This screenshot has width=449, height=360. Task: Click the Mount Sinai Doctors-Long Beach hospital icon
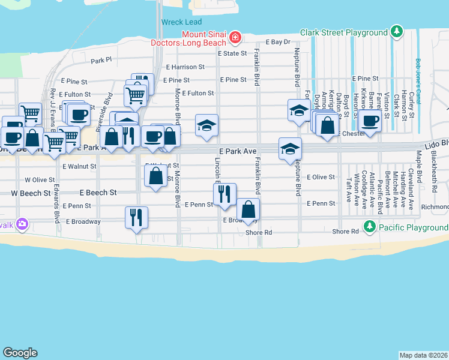(x=235, y=38)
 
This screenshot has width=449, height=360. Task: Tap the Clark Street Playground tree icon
(x=396, y=32)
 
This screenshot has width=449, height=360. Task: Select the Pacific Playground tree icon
(x=370, y=227)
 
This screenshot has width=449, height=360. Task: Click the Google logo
(x=20, y=353)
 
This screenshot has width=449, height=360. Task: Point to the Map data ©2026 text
(x=424, y=355)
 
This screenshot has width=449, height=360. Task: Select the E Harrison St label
(x=185, y=67)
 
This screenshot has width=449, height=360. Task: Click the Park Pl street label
(x=101, y=61)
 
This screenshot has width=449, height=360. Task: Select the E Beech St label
(x=98, y=193)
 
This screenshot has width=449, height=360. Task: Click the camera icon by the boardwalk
(x=23, y=224)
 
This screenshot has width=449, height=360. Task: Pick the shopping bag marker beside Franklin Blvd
(x=248, y=209)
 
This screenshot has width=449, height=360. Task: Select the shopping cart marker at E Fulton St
(x=135, y=94)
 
